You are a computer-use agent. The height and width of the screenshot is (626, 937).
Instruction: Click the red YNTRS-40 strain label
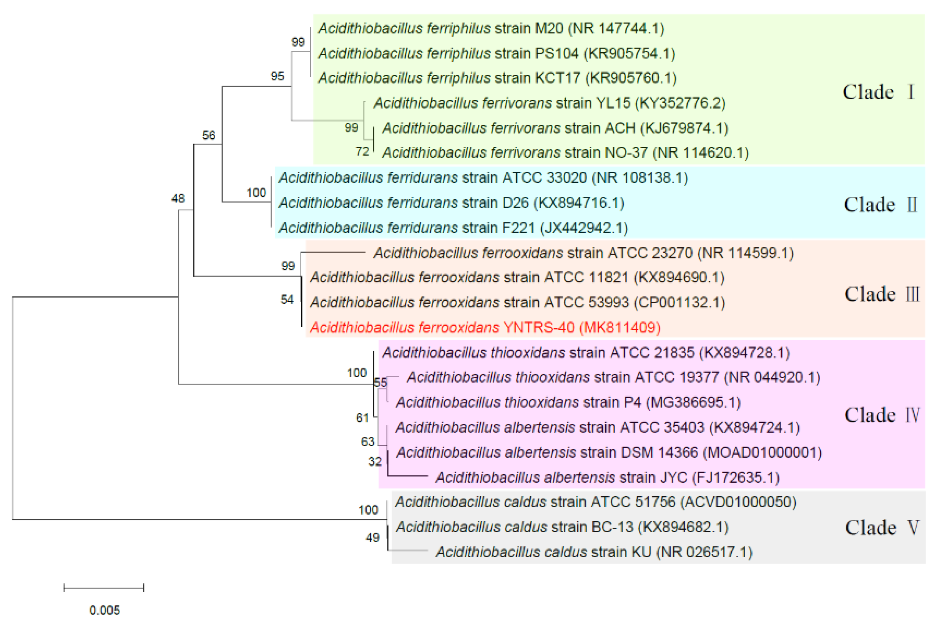tap(485, 327)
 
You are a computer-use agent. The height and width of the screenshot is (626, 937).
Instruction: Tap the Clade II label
tap(880, 205)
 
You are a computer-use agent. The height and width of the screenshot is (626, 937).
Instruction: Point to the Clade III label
tap(882, 294)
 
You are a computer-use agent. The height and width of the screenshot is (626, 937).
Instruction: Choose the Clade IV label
tap(882, 415)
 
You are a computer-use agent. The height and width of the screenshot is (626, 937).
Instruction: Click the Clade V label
tap(882, 528)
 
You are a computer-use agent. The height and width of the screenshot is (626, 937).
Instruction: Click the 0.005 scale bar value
tap(104, 610)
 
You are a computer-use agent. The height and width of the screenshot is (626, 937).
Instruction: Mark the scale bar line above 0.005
tap(103, 588)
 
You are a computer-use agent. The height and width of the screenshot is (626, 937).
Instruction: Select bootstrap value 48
tap(178, 199)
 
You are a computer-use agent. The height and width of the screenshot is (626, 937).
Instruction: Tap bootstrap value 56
tap(208, 135)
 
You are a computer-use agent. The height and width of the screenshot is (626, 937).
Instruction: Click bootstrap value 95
tap(277, 76)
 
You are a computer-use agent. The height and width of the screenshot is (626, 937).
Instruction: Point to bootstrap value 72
tap(362, 152)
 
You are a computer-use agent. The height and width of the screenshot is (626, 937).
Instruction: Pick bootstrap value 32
tap(375, 462)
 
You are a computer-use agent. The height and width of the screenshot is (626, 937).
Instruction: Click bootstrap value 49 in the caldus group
tap(372, 538)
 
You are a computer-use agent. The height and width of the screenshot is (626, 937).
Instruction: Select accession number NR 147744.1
tap(615, 28)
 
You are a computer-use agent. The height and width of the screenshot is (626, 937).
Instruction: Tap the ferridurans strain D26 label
tap(451, 203)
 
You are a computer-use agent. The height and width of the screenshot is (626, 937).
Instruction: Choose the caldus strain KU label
tap(594, 552)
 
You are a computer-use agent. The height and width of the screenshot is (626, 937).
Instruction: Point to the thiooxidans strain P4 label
tap(568, 402)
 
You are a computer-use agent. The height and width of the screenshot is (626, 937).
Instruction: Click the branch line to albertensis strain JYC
tap(407, 476)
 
